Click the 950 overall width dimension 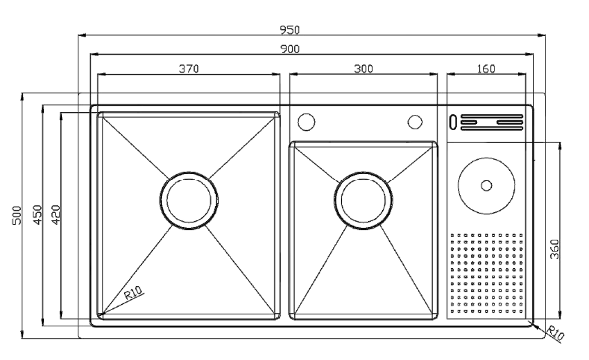click(290, 30)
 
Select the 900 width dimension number click(290, 49)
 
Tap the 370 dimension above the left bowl click(188, 69)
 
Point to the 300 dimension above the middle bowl click(364, 69)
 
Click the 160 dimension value click(486, 69)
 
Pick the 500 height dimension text click(17, 216)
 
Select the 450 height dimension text click(38, 215)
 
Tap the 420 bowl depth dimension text click(56, 215)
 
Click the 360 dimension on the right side click(554, 249)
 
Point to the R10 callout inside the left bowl click(133, 292)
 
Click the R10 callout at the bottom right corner click(555, 333)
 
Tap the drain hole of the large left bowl click(189, 200)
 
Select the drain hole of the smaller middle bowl click(363, 200)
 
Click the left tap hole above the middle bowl click(306, 122)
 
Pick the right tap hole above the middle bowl click(415, 122)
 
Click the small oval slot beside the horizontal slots click(454, 122)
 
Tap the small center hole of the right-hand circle click(487, 185)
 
